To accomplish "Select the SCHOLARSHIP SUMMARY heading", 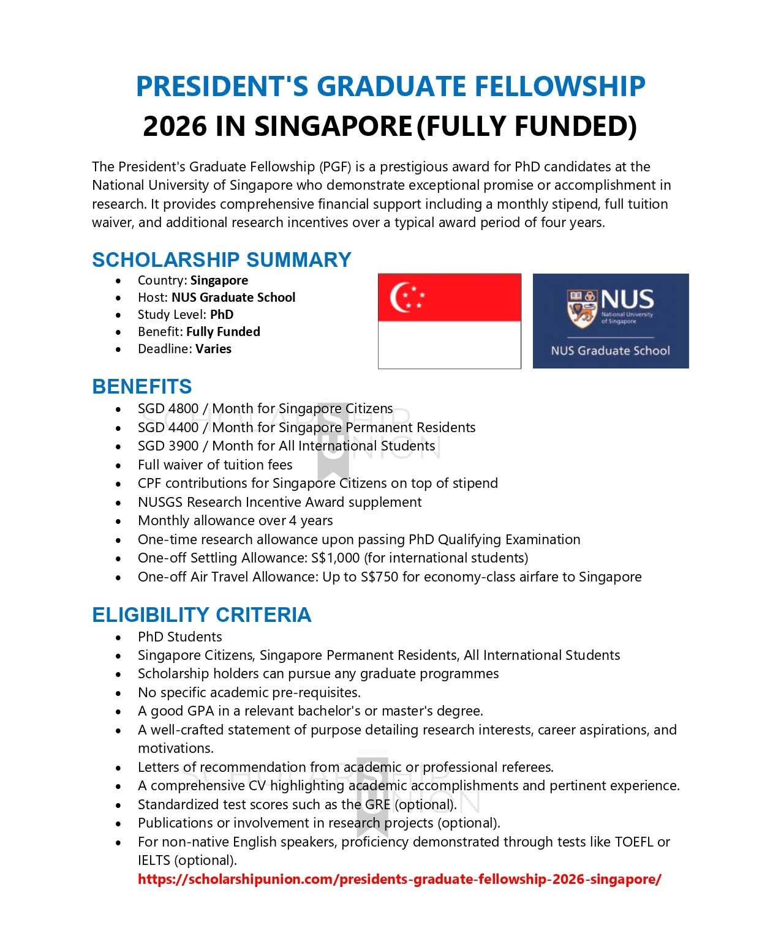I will pos(221,260).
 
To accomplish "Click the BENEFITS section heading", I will pos(141,386).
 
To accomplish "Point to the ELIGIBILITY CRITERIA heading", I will pos(202,615).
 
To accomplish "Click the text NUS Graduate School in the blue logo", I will pos(610,351).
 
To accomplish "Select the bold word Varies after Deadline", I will pos(213,349).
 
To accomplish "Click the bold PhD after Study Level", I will pos(222,315).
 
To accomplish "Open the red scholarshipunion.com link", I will pos(399,880).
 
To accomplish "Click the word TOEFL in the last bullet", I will pos(634,842).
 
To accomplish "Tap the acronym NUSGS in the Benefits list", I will pos(160,502).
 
